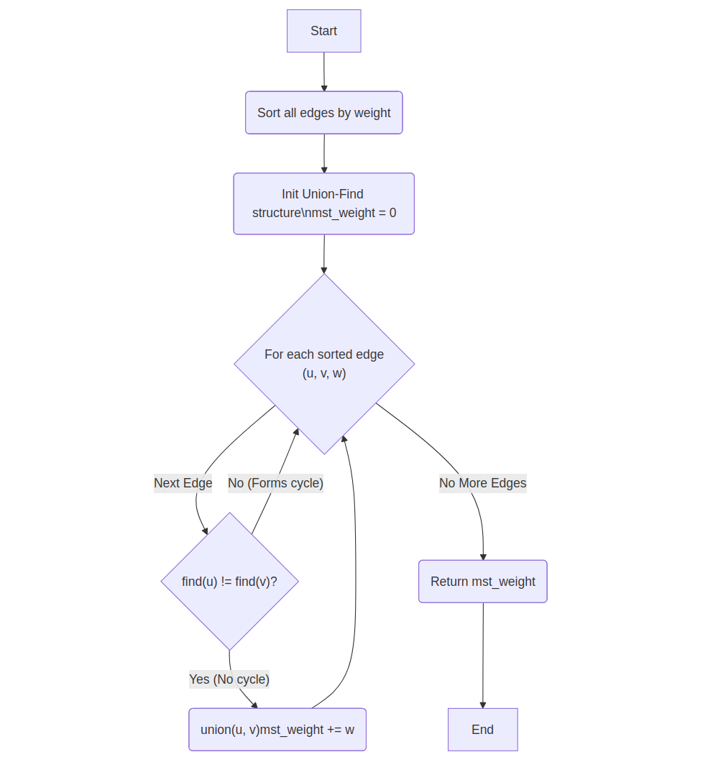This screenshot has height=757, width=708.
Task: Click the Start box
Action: tap(323, 31)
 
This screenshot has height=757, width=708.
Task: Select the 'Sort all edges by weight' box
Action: tap(323, 113)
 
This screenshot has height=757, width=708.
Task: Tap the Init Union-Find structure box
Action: tap(323, 203)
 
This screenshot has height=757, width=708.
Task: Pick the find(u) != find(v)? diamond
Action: tap(229, 581)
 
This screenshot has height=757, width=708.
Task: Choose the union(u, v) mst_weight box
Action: tap(277, 730)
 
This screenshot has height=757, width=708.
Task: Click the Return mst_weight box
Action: tap(482, 582)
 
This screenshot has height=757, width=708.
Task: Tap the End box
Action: tap(482, 730)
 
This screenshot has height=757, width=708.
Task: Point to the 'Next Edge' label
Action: tap(183, 483)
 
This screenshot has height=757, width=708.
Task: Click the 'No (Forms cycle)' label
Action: tap(275, 483)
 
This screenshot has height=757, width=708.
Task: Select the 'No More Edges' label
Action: tap(482, 483)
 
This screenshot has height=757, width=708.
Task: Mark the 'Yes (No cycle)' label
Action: tap(229, 679)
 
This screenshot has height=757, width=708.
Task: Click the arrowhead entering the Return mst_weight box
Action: tap(483, 556)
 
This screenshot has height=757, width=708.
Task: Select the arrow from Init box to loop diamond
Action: tap(323, 252)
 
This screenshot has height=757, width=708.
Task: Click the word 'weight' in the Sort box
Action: tap(372, 113)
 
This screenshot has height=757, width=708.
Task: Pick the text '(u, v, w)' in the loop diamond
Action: tap(324, 374)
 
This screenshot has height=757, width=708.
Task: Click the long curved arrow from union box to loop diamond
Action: tap(355, 575)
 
